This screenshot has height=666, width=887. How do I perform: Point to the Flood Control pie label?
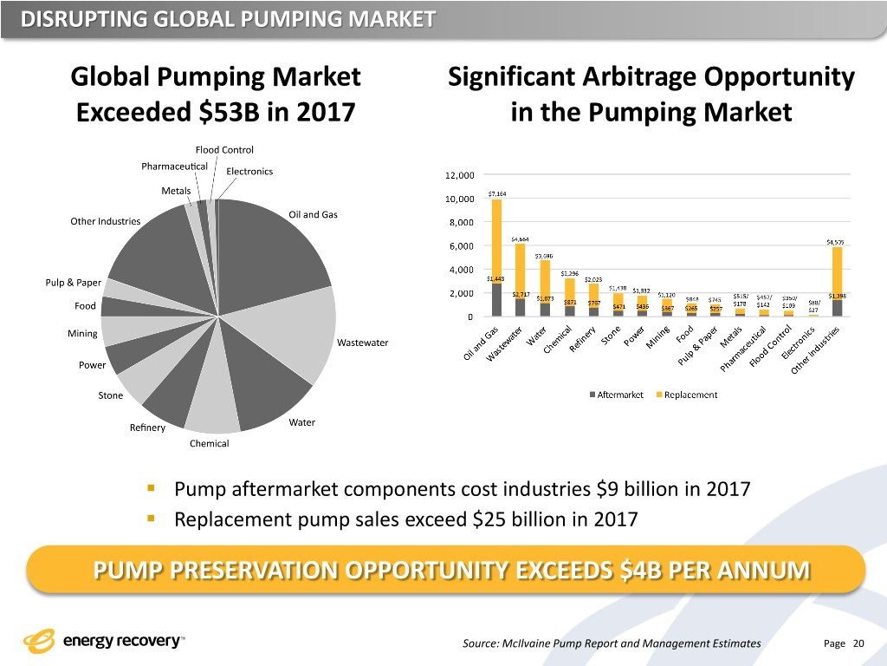tap(224, 150)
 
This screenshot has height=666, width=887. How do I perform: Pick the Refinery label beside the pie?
tap(147, 428)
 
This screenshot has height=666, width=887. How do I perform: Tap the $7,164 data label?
tap(498, 193)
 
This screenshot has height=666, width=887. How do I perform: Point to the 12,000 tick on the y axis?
tap(458, 174)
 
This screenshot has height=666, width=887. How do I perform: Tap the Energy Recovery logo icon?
tap(39, 643)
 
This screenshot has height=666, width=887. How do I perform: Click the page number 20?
tap(858, 643)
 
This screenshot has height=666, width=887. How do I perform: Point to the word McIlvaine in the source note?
tap(545, 643)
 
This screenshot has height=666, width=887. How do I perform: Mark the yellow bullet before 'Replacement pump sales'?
tap(151, 519)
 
